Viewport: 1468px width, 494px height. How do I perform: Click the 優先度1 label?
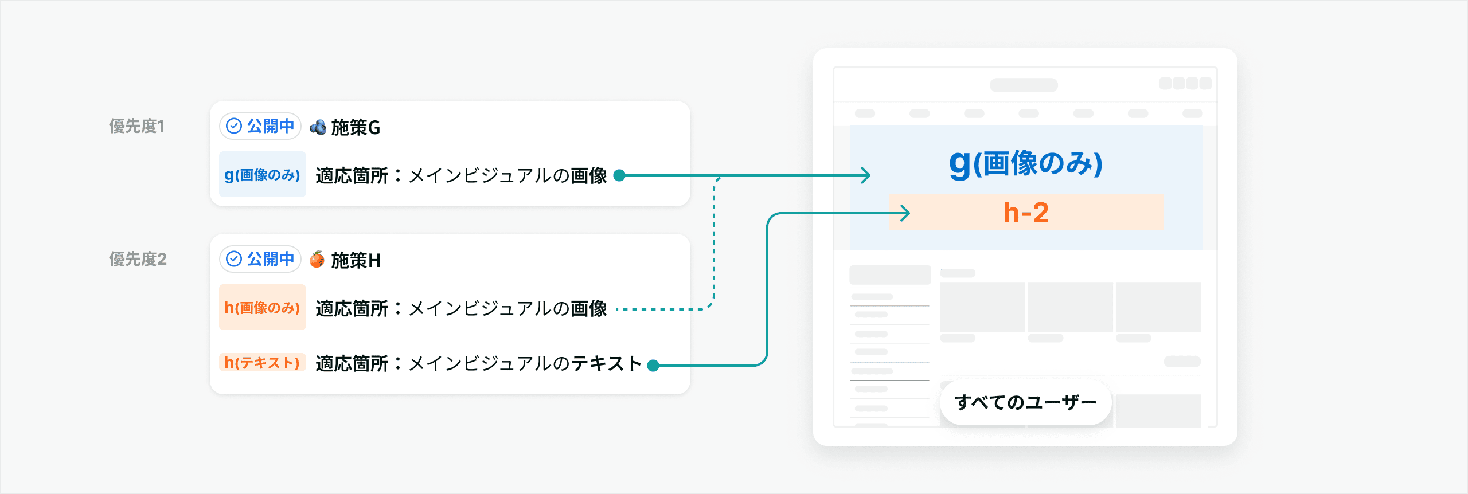[136, 126]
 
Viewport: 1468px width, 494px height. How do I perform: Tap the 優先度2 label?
[138, 259]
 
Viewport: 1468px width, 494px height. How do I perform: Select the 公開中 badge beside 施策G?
[260, 126]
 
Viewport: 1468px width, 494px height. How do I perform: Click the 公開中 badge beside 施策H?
[260, 259]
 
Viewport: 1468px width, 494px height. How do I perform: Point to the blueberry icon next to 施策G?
[318, 127]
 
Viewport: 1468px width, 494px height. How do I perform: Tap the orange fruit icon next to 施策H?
[317, 260]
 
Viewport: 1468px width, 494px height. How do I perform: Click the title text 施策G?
[356, 127]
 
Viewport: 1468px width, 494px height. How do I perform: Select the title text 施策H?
[356, 260]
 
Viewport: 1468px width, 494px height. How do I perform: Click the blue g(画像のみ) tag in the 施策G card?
[262, 175]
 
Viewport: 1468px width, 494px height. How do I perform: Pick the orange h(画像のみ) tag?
[262, 308]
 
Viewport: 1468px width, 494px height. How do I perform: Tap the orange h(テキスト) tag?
[262, 363]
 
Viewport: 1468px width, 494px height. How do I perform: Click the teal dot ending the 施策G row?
[619, 175]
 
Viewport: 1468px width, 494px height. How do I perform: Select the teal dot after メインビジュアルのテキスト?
[653, 365]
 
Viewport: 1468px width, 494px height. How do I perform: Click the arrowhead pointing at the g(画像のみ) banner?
[866, 175]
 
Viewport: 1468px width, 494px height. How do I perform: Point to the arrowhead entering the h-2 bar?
[905, 213]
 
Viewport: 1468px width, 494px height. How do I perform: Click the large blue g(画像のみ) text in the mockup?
[1026, 163]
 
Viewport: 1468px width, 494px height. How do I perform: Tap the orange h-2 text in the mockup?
[1026, 213]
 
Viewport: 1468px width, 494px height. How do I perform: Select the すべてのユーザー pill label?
[1025, 402]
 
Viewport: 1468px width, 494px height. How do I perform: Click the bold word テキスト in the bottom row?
[606, 363]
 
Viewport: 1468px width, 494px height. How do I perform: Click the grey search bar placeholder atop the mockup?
[1024, 85]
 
